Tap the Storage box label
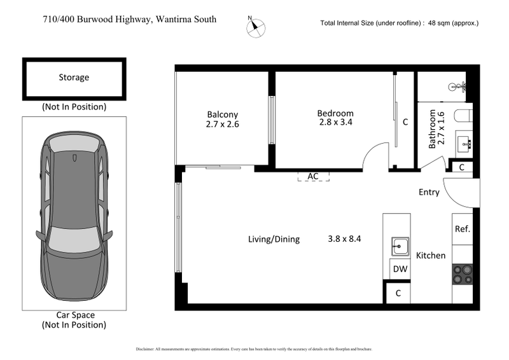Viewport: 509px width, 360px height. (74, 78)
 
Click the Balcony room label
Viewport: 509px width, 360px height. (222, 113)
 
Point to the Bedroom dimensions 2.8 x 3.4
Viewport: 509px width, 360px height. (335, 125)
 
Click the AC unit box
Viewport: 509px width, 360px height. (313, 176)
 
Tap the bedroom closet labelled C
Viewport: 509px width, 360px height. (405, 121)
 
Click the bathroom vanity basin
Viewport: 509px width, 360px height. (465, 144)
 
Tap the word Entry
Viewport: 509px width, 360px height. (429, 192)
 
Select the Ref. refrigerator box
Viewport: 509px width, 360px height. (462, 229)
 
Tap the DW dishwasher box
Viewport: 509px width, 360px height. (400, 269)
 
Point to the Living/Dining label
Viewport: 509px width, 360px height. (274, 240)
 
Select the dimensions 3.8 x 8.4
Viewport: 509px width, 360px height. (344, 240)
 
